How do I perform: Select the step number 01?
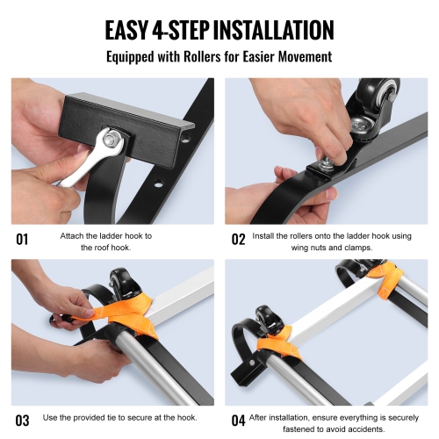point(24,238)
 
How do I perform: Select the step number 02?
point(239,238)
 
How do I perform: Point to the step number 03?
point(24,419)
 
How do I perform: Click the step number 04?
point(239,419)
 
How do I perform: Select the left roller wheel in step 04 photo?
point(265,320)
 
